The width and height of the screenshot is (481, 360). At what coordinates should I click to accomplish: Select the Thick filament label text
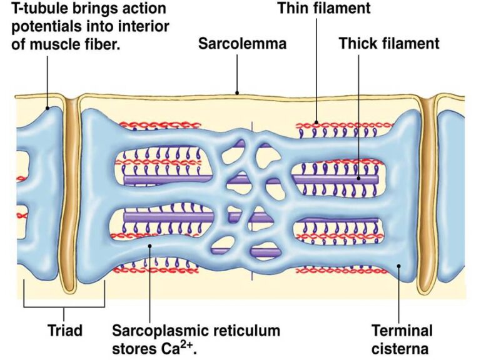389,44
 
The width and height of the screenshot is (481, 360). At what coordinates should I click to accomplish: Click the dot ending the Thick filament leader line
359,179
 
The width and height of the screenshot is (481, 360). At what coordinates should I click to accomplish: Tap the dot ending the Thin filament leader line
316,122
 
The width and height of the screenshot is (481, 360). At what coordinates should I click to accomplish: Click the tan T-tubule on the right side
428,194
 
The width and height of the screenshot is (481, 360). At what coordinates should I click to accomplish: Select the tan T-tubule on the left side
68,194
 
